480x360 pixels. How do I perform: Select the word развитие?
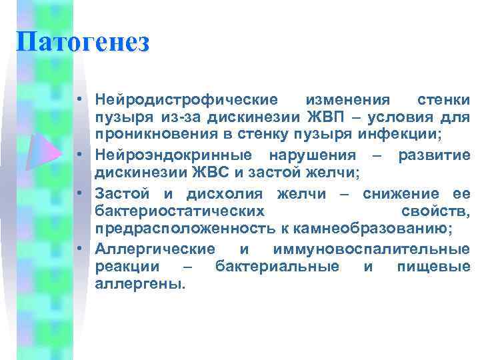(x=434, y=155)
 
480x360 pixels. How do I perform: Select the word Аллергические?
(x=155, y=249)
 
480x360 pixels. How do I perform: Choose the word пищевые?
(x=433, y=267)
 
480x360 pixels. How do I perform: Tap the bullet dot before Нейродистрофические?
(x=79, y=101)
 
